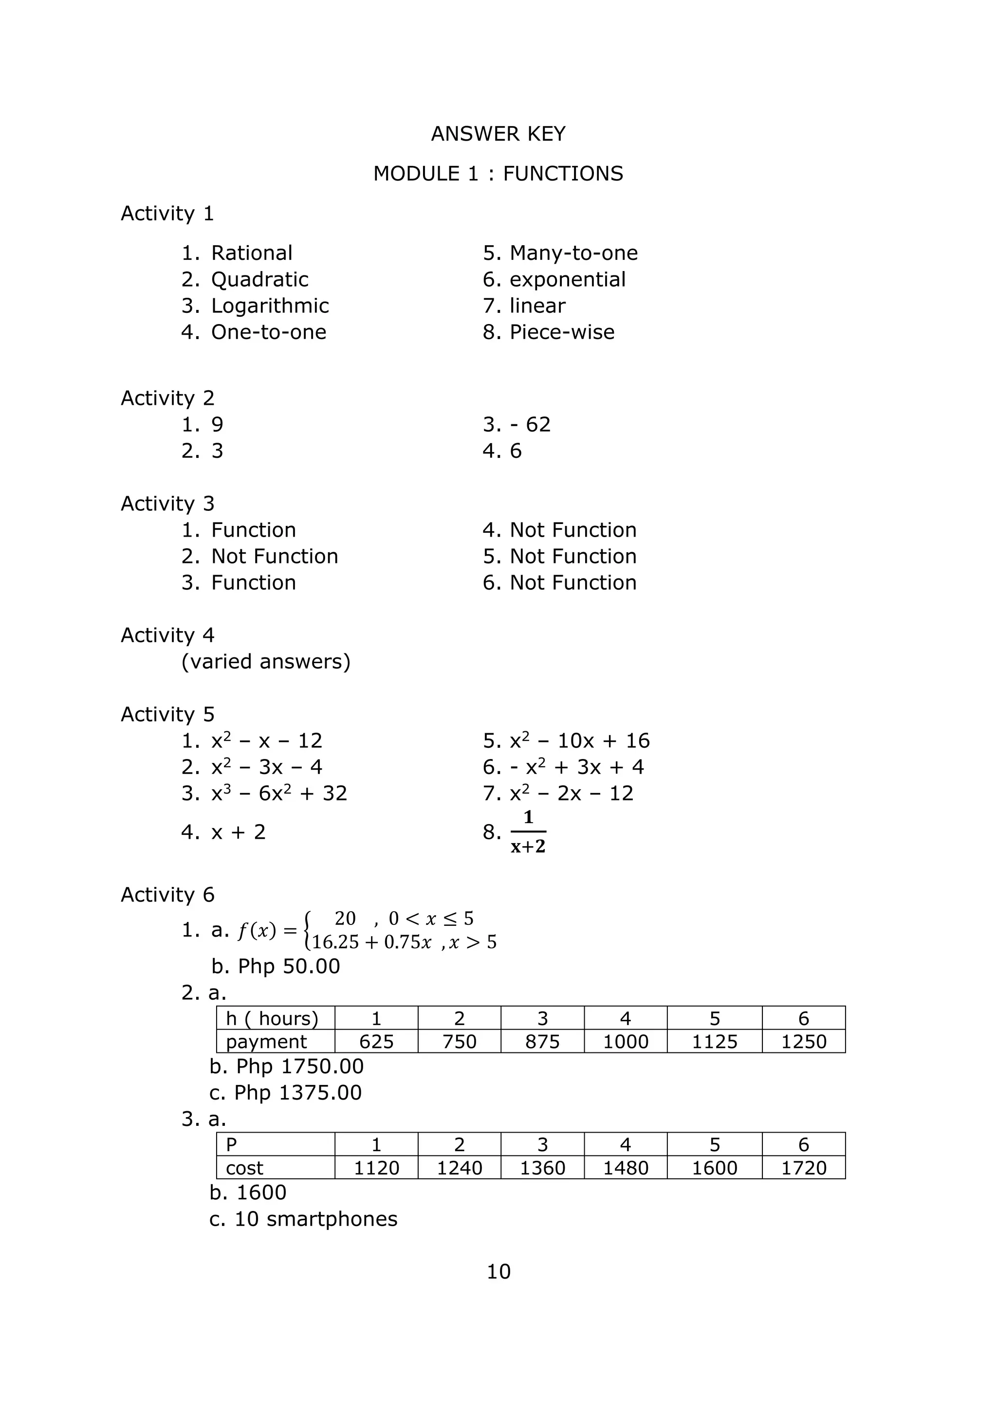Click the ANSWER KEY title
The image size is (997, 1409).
pos(498,134)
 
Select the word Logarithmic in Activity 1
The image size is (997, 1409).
pos(270,306)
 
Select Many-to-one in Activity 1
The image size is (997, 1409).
pos(573,253)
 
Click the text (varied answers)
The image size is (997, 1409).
pos(266,662)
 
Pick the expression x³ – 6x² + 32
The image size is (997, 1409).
pos(279,794)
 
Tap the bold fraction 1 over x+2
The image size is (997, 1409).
pos(528,832)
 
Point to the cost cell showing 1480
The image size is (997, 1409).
pos(625,1168)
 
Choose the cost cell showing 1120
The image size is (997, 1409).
pos(376,1168)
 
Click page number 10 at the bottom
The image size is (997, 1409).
pos(498,1271)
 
